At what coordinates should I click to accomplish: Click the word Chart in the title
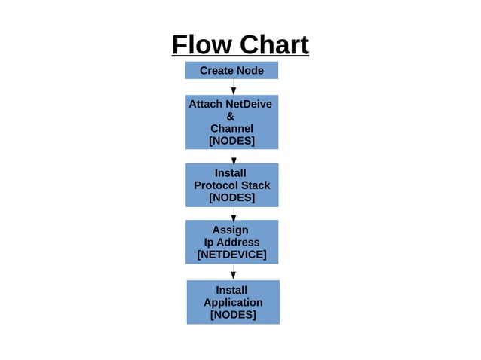(274, 44)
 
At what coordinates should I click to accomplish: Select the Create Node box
(231, 70)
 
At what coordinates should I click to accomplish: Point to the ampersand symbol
(231, 116)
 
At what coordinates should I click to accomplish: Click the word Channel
(231, 128)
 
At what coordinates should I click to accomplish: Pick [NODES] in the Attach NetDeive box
(231, 141)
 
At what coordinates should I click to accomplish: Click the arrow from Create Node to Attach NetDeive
(234, 87)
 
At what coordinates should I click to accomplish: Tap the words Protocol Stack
(231, 185)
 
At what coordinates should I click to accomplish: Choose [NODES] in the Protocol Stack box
(231, 197)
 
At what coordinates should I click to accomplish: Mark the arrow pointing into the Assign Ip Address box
(234, 214)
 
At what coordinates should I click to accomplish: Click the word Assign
(230, 230)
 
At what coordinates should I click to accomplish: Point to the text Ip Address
(231, 243)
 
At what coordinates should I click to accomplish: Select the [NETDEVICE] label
(231, 255)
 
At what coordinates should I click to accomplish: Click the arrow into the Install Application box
(234, 273)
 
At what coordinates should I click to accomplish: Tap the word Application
(233, 302)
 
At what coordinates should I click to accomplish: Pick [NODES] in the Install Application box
(233, 315)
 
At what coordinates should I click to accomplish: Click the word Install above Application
(231, 290)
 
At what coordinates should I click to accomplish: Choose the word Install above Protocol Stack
(230, 173)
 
